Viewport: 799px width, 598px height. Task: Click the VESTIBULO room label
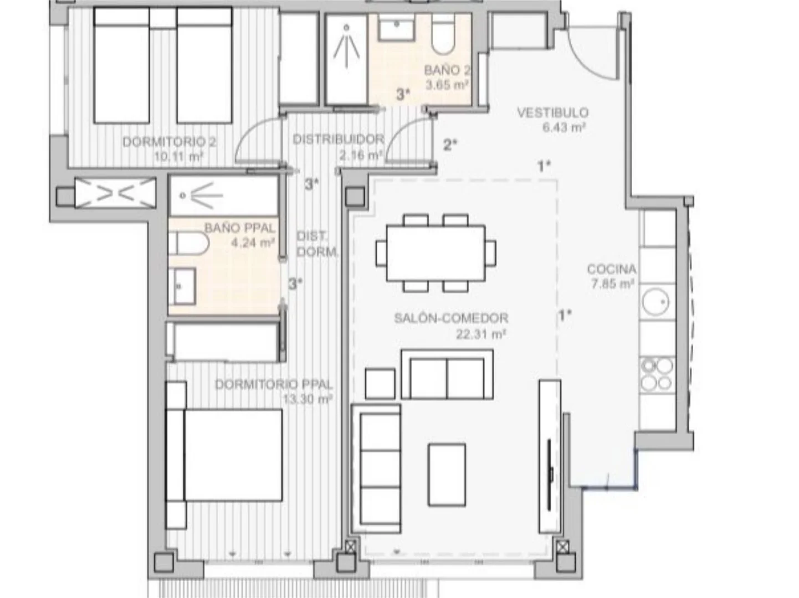tap(552, 113)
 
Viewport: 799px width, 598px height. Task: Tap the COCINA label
tap(612, 269)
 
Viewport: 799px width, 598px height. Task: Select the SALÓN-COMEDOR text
tap(452, 318)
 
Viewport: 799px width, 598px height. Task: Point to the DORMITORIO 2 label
tap(170, 142)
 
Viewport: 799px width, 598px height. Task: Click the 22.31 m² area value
tap(481, 334)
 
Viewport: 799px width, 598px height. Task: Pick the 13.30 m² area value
tap(308, 399)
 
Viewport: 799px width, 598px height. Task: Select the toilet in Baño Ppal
tap(188, 243)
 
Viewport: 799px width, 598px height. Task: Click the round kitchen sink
tap(655, 302)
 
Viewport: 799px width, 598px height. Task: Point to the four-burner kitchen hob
tap(657, 374)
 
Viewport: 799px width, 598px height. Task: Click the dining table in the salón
tap(436, 253)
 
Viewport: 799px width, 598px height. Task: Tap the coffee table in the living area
tap(447, 475)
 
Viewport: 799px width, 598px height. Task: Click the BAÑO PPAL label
tap(239, 228)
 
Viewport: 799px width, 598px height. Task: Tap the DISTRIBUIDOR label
tap(339, 139)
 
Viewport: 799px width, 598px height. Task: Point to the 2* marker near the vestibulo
tap(450, 145)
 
